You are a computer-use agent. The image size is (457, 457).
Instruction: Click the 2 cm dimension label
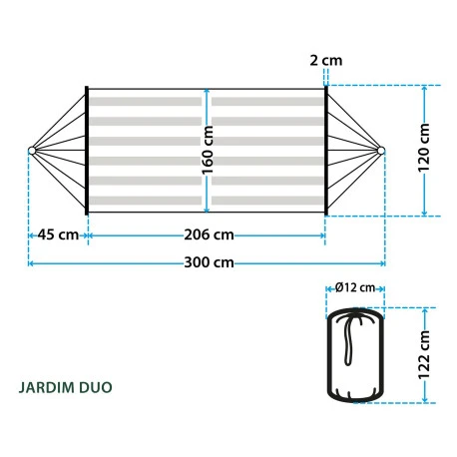[x=325, y=60]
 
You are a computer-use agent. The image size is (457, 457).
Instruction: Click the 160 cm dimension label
[x=208, y=150]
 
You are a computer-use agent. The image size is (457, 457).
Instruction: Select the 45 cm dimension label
[x=58, y=234]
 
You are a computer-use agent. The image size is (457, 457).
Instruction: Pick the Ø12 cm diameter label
[x=355, y=287]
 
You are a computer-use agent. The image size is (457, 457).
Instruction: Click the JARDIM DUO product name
[x=65, y=387]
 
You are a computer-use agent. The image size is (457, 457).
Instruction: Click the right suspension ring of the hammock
[x=381, y=151]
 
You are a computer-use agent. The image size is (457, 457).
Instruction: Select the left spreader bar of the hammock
[x=87, y=150]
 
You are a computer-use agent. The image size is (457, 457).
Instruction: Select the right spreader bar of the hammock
[x=325, y=150]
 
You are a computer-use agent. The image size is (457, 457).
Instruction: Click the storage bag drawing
[x=354, y=356]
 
